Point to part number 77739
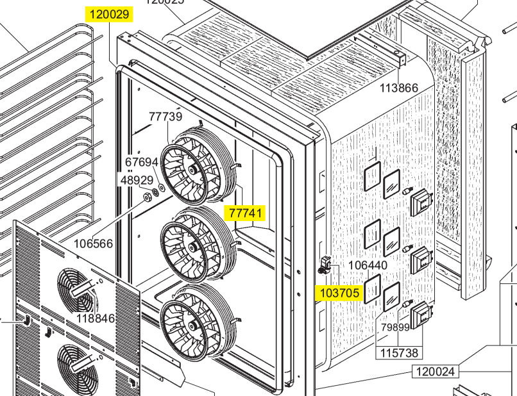(165, 117)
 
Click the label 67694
(141, 163)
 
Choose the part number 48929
(137, 180)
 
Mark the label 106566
(93, 243)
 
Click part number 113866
(398, 88)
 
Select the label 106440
(368, 265)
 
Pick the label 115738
(399, 353)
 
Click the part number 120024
(435, 371)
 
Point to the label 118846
(96, 318)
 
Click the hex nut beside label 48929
(146, 196)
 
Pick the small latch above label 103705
(326, 263)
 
